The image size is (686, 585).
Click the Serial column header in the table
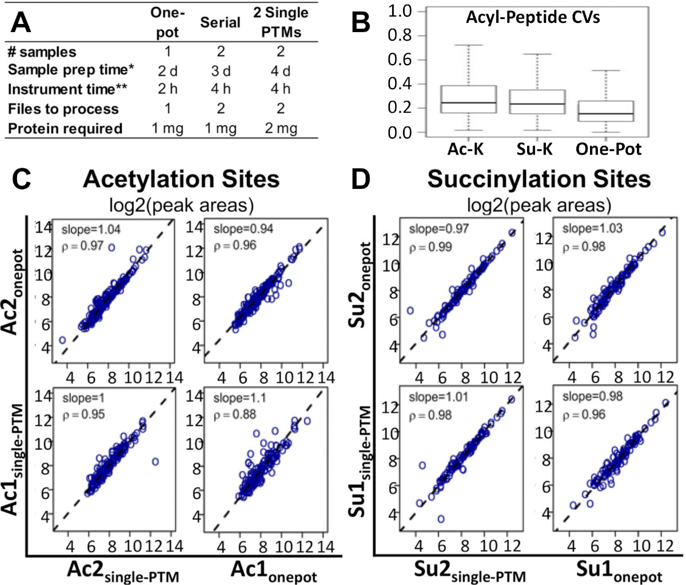(220, 22)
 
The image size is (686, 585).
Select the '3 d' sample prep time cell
(220, 70)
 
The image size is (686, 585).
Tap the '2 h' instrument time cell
(167, 89)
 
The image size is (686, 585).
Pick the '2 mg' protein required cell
(280, 128)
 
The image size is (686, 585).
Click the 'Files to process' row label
(63, 109)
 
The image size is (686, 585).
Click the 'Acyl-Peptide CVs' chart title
(533, 18)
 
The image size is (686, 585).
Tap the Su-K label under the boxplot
(535, 149)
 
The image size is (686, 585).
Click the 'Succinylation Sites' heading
(539, 179)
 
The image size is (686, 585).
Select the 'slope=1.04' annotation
(90, 230)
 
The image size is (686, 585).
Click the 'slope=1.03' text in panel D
(587, 229)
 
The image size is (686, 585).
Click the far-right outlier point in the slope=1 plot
(154, 461)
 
